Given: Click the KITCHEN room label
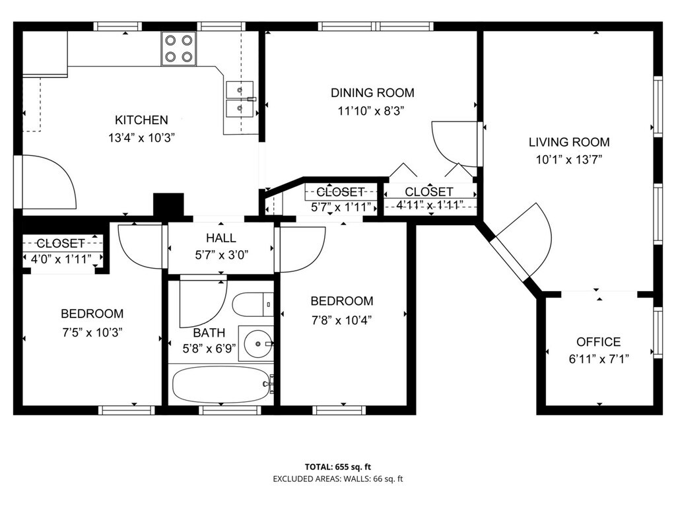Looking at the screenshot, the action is coord(141,120).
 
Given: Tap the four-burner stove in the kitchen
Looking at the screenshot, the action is coord(178,48).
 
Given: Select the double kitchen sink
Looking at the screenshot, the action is coord(240,99).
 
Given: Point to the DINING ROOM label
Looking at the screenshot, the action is coord(372,92).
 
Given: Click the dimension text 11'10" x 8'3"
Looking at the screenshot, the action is coord(371,111).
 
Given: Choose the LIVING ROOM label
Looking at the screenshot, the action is coord(569,142).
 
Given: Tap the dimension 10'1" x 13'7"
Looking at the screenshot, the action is coord(568,160).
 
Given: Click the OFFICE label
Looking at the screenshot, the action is coord(598,342).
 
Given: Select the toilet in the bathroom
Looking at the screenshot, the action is coord(253,304).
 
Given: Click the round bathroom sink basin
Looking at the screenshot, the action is coord(258,344).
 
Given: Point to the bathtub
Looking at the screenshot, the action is coord(220,385).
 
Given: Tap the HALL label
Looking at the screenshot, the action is coord(220,238).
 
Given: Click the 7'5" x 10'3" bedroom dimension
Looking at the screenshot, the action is coord(92,333).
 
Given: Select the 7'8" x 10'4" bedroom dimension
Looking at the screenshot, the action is coord(341,320).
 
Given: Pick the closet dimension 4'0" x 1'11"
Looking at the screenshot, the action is coord(61,259).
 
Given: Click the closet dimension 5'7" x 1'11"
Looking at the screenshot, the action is coord(341,207).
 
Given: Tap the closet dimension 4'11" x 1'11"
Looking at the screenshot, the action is coord(429,205).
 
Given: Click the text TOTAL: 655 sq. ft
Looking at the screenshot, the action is coord(338,467).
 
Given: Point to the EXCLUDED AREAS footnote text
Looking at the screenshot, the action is coord(338,479).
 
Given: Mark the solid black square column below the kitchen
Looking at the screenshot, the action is coord(168,205).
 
